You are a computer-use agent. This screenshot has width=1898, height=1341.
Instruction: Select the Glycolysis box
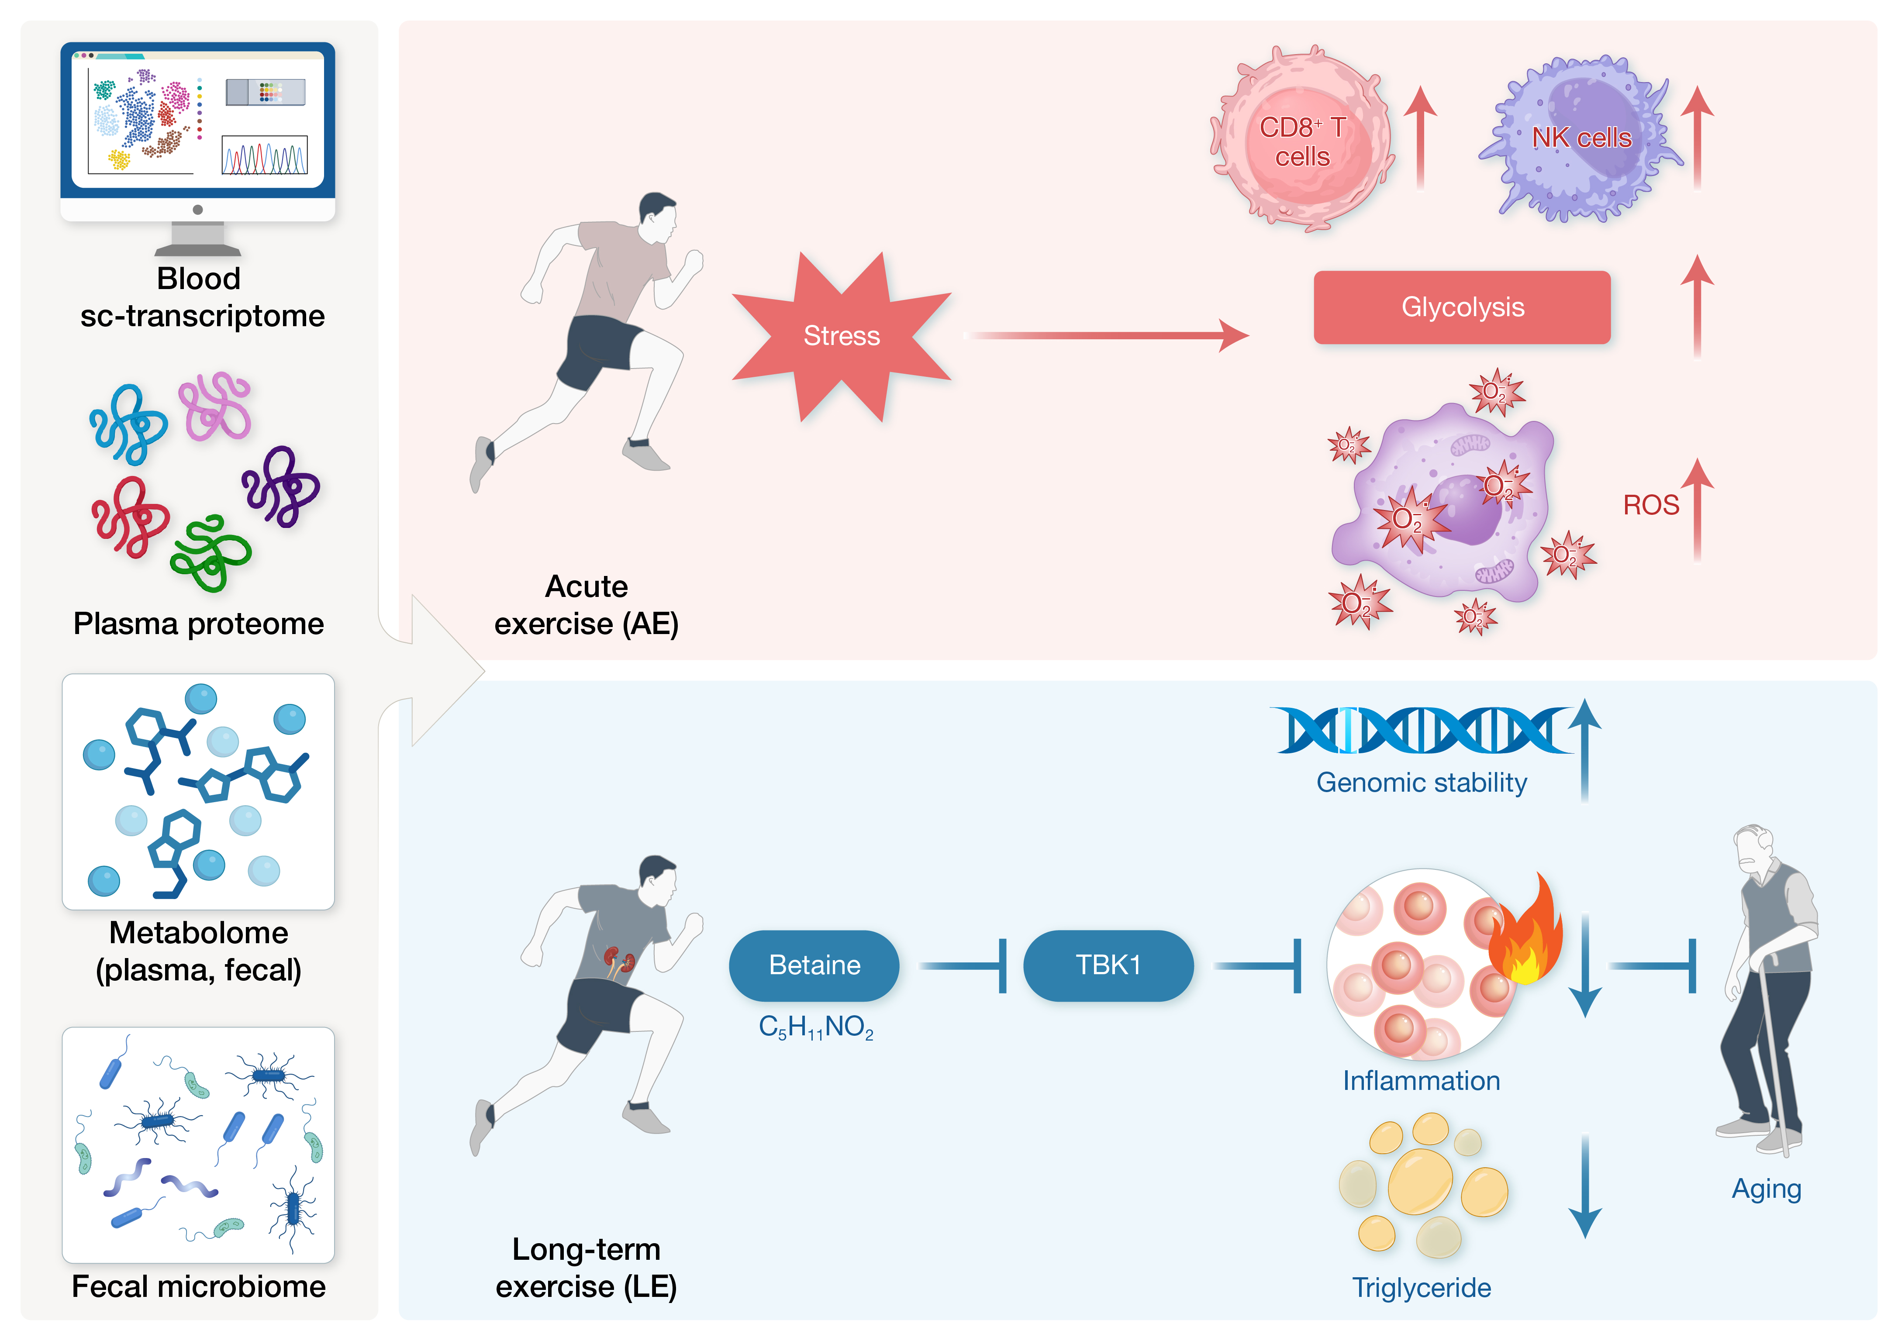click(x=1462, y=307)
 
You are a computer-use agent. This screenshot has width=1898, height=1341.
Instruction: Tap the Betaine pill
click(x=814, y=965)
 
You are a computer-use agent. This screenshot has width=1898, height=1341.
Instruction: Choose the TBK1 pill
click(x=1108, y=965)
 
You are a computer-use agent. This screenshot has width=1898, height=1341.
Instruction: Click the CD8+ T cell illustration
click(x=1302, y=141)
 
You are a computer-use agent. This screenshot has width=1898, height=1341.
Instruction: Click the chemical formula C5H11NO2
click(x=816, y=1027)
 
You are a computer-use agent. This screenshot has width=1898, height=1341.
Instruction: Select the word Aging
click(x=1767, y=1189)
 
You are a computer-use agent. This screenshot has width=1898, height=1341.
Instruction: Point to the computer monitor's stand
click(x=197, y=240)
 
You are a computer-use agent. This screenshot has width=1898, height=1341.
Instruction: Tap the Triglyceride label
click(x=1421, y=1287)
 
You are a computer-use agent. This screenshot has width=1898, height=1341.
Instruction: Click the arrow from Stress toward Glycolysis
click(x=1108, y=336)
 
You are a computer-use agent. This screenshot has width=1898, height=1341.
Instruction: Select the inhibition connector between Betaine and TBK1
click(x=963, y=965)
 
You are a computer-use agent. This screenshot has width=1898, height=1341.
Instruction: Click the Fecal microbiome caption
click(x=198, y=1286)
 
